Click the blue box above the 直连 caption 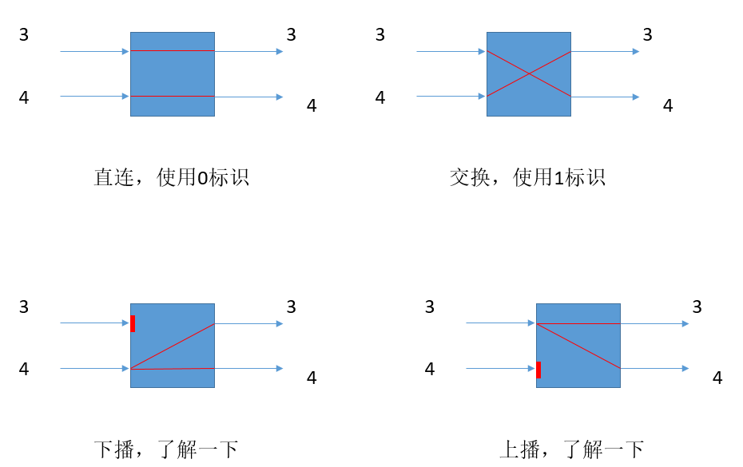click(173, 74)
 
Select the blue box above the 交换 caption click(529, 74)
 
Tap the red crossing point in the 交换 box click(529, 74)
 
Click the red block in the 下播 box click(133, 323)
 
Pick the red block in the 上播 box click(538, 370)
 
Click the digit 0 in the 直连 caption click(202, 178)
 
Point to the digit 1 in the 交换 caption click(558, 178)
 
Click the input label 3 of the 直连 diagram click(24, 34)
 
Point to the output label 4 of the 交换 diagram click(668, 105)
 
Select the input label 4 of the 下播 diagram click(24, 369)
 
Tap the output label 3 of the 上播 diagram click(697, 307)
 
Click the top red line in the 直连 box click(173, 50)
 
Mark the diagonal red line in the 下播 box click(173, 346)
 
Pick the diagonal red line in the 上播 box click(578, 346)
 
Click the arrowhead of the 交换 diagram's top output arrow click(636, 51)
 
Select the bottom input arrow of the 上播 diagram click(500, 369)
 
